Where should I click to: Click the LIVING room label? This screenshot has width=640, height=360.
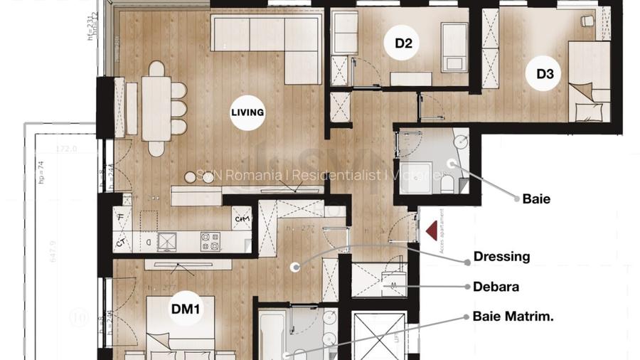[x=247, y=112]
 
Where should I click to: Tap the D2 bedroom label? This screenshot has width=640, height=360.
[x=404, y=43]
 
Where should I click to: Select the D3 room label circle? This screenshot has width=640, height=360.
[x=545, y=73]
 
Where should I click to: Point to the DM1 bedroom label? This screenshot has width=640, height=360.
[x=187, y=309]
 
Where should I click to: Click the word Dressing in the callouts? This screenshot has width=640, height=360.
[x=502, y=257]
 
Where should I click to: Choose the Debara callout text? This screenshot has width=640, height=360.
[x=496, y=287]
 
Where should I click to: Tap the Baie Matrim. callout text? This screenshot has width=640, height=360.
[x=513, y=316]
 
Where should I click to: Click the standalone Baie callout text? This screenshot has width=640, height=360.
[x=536, y=199]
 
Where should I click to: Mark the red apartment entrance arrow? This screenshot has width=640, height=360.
[x=430, y=231]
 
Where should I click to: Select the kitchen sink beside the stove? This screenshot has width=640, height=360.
[x=166, y=242]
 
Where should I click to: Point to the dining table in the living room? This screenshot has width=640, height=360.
[x=156, y=108]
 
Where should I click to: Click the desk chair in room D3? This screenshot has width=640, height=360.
[x=587, y=21]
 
